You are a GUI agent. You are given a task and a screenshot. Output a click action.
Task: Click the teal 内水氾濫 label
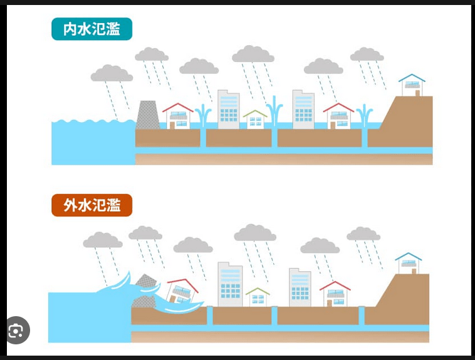pyautogui.click(x=91, y=29)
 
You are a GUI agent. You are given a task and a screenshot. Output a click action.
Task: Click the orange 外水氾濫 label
pyautogui.click(x=91, y=205)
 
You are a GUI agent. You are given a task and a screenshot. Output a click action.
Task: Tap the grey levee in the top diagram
pyautogui.click(x=149, y=115)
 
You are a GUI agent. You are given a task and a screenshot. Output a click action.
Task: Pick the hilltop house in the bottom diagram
pyautogui.click(x=409, y=263)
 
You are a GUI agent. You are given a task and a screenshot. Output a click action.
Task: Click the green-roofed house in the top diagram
pyautogui.click(x=255, y=120)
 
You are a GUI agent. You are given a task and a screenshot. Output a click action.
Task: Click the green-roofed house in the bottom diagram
pyautogui.click(x=257, y=297)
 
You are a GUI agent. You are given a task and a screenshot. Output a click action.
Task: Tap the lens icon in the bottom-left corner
pyautogui.click(x=17, y=331)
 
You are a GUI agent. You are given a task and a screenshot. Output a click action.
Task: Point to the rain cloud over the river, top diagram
pyautogui.click(x=112, y=74)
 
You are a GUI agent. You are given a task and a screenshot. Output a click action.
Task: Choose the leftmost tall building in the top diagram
pyautogui.click(x=228, y=110)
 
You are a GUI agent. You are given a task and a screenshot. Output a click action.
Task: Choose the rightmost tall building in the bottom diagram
pyautogui.click(x=300, y=288)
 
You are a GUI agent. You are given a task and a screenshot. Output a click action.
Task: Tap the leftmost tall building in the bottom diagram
pyautogui.click(x=229, y=285)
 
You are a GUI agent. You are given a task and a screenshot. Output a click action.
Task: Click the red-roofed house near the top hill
pyautogui.click(x=338, y=116)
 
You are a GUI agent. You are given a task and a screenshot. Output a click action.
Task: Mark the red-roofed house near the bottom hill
pyautogui.click(x=335, y=294)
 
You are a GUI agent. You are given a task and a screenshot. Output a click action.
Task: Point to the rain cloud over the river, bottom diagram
pyautogui.click(x=103, y=240)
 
